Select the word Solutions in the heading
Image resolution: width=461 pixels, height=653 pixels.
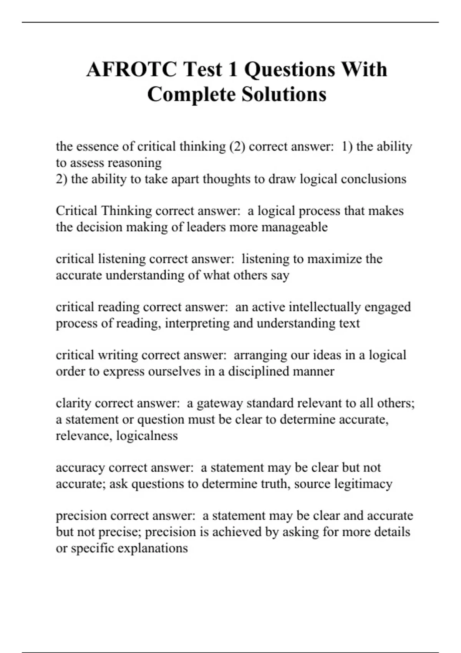click(x=284, y=94)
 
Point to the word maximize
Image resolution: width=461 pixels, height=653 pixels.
click(x=335, y=259)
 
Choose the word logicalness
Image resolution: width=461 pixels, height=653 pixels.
click(x=147, y=436)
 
